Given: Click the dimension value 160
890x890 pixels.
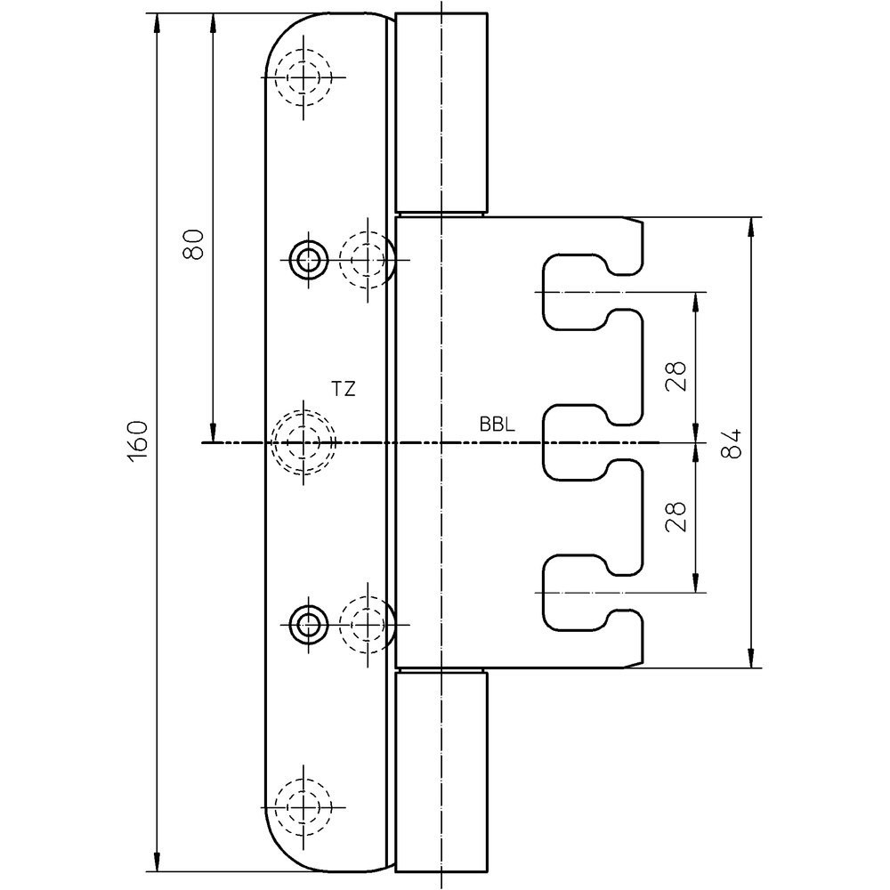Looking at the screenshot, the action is [138, 441].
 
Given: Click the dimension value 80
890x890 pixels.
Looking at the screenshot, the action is [193, 245].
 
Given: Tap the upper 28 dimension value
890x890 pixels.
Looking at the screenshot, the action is [677, 376].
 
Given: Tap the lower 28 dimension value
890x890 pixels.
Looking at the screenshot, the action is [677, 516].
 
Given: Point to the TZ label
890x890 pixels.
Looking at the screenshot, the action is [344, 389].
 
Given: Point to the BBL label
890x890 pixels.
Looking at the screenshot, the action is [498, 425].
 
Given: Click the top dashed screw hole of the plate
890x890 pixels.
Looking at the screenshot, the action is [303, 77].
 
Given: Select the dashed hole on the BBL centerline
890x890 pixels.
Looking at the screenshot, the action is [303, 442].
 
